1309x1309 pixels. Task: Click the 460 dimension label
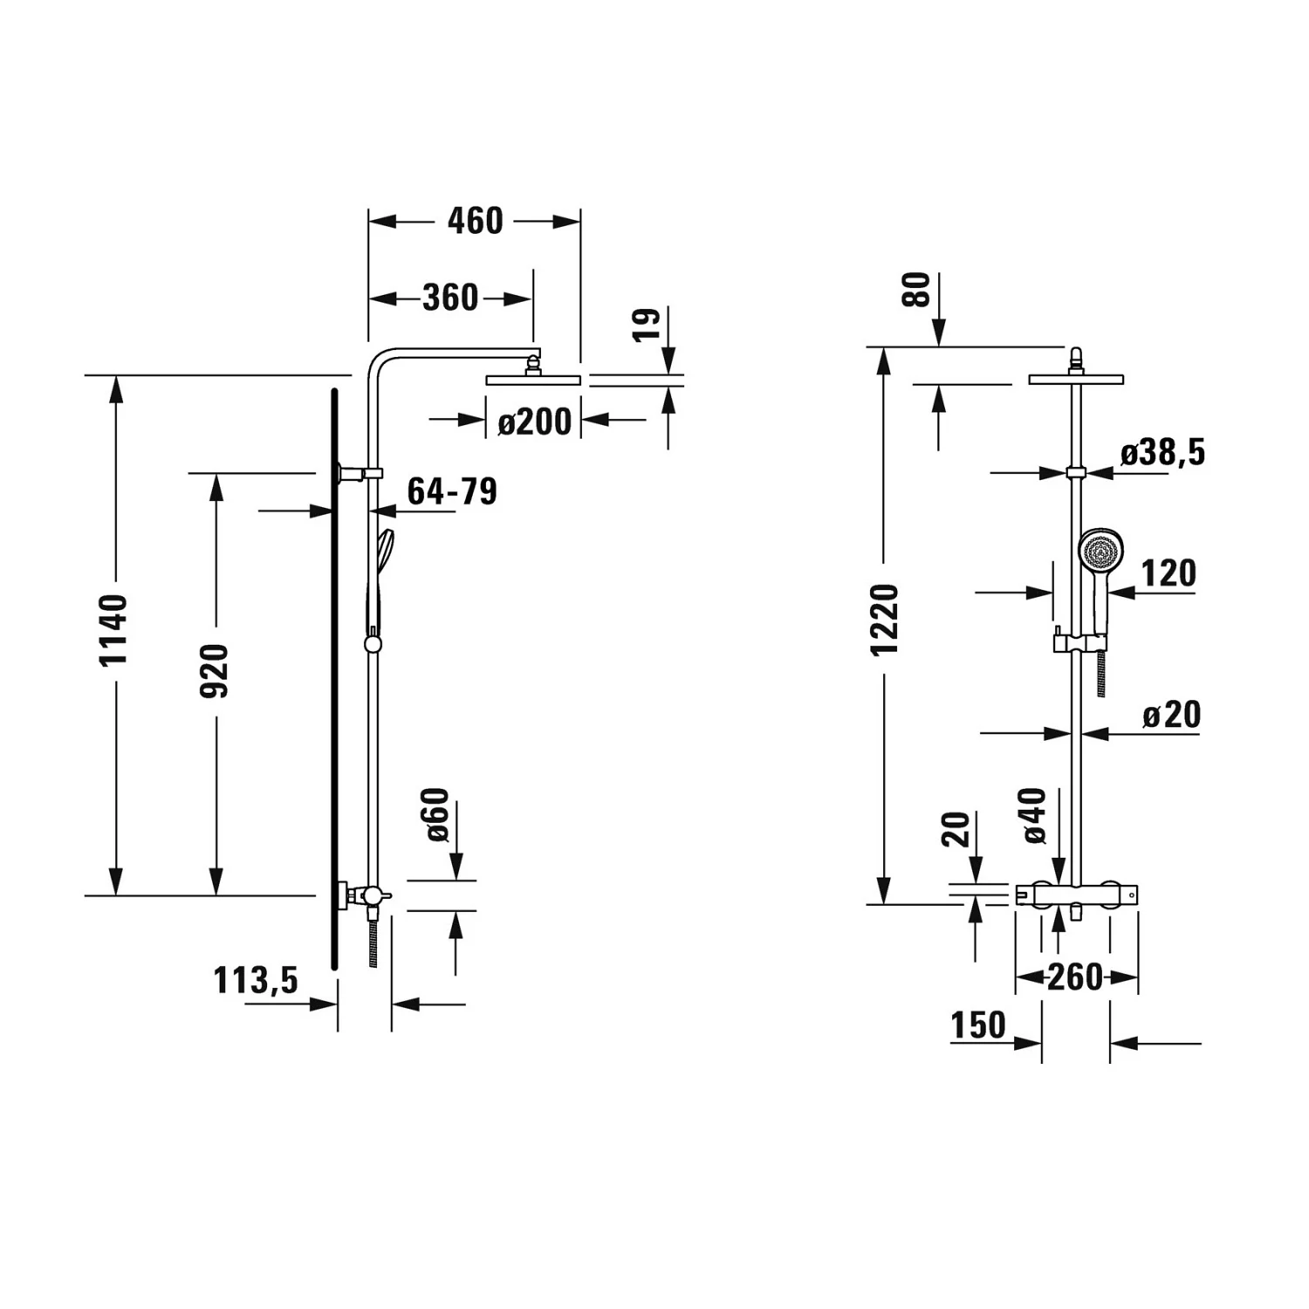[x=475, y=221]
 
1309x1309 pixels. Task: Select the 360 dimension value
[x=450, y=298]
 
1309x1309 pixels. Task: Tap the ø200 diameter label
[x=534, y=421]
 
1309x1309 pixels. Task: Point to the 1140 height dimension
[x=113, y=629]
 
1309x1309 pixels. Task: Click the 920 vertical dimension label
[x=215, y=670]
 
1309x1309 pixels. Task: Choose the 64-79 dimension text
[x=452, y=491]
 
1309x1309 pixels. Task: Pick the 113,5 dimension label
[x=256, y=980]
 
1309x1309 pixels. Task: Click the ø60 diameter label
[x=438, y=814]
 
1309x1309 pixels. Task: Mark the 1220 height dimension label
[x=884, y=620]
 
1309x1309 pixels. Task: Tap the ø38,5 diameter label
[x=1162, y=452]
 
